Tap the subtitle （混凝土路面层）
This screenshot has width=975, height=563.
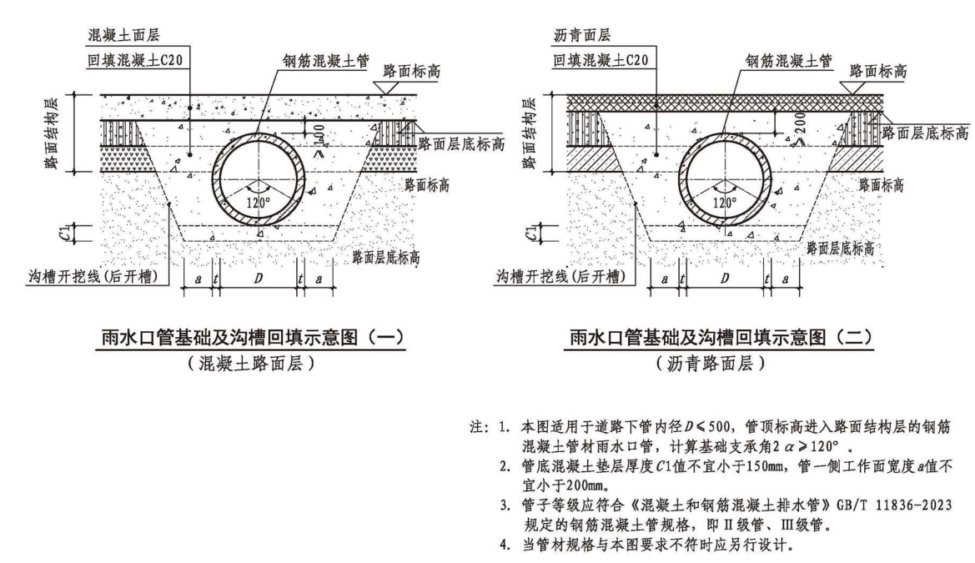coord(253,364)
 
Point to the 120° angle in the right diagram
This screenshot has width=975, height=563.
coord(724,200)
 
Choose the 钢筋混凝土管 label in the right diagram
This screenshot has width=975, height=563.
coord(782,61)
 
